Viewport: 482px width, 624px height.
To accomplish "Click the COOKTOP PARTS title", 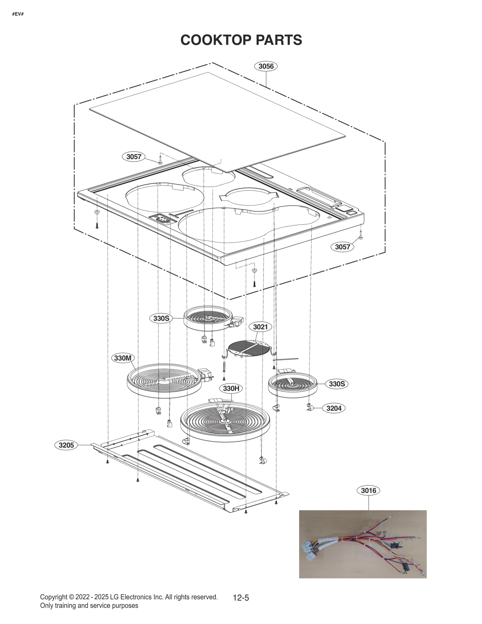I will (x=241, y=40).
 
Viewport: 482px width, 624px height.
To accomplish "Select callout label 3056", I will (x=266, y=66).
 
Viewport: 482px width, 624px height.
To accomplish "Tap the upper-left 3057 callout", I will (x=133, y=157).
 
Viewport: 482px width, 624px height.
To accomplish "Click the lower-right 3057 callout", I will (x=343, y=247).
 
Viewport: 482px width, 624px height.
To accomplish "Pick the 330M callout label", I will (x=123, y=358).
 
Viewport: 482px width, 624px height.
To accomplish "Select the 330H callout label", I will (x=231, y=389).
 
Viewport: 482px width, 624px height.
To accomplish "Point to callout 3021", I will (x=260, y=327).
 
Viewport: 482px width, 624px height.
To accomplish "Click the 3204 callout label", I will (x=334, y=408).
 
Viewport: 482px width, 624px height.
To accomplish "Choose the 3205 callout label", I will (x=66, y=445).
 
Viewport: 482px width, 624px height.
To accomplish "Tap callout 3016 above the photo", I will (x=369, y=491).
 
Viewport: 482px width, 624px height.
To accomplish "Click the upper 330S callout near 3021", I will (x=161, y=318).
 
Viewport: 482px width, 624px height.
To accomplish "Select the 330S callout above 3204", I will (x=336, y=384).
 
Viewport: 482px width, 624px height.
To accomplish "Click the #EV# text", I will (x=18, y=14).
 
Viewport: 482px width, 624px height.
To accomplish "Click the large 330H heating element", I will (x=225, y=422).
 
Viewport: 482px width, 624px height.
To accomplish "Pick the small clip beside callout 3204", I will (x=310, y=408).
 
